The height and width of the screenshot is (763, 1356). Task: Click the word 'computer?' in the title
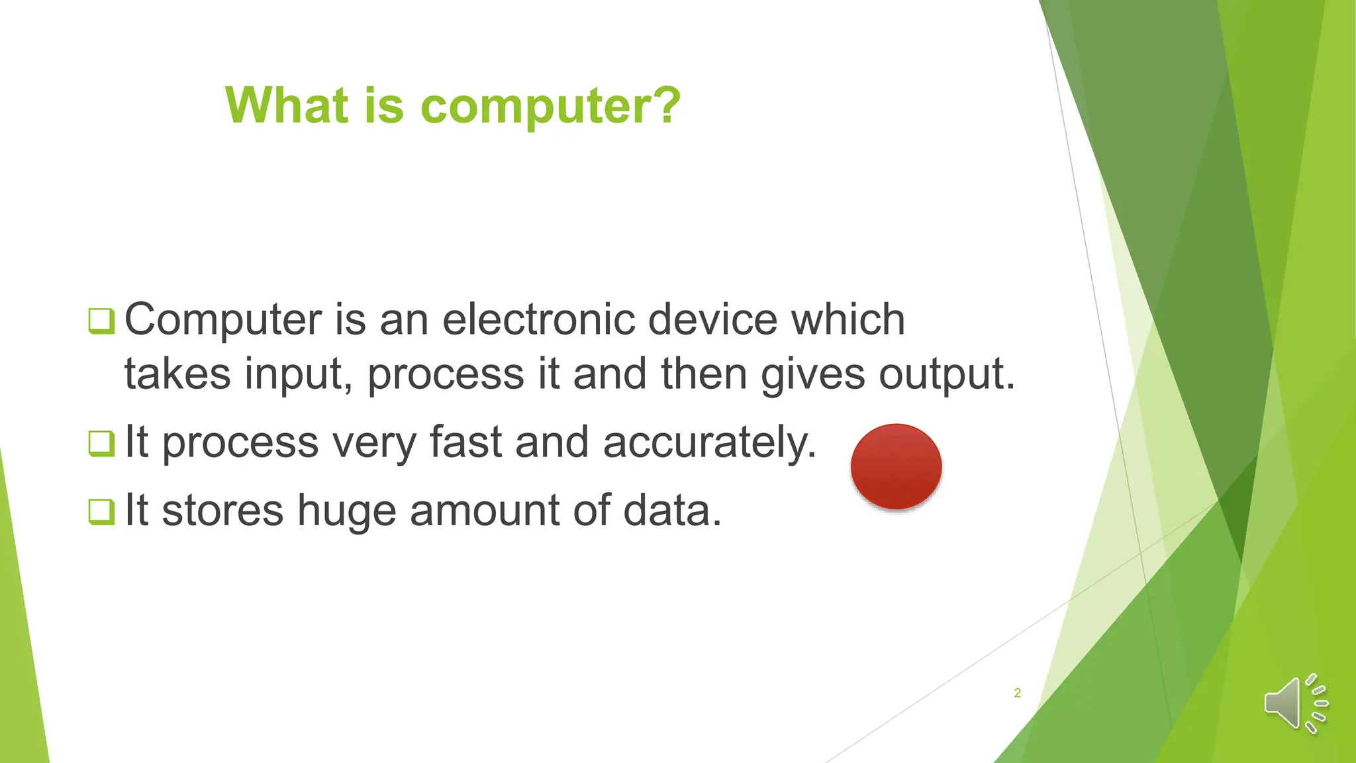(x=550, y=106)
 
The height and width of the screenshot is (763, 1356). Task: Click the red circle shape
(x=896, y=466)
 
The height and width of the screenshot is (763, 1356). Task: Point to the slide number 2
(x=1017, y=693)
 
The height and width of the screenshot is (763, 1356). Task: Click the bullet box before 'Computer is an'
(x=101, y=321)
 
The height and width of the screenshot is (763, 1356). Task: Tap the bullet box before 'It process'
(x=101, y=443)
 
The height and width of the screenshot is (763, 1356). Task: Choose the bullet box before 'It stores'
(x=101, y=511)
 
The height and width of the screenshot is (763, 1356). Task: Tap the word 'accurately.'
(x=710, y=442)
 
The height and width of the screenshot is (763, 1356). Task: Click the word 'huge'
(x=346, y=511)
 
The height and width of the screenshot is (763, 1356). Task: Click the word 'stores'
(x=222, y=511)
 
